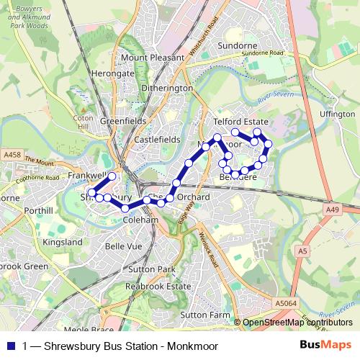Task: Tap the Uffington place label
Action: pyautogui.click(x=338, y=114)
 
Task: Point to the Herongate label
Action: pyautogui.click(x=114, y=73)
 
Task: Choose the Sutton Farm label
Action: pyautogui.click(x=205, y=315)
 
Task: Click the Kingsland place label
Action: pyautogui.click(x=63, y=243)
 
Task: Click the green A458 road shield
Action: pyautogui.click(x=12, y=155)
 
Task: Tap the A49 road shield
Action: pyautogui.click(x=332, y=210)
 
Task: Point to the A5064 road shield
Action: pyautogui.click(x=286, y=305)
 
